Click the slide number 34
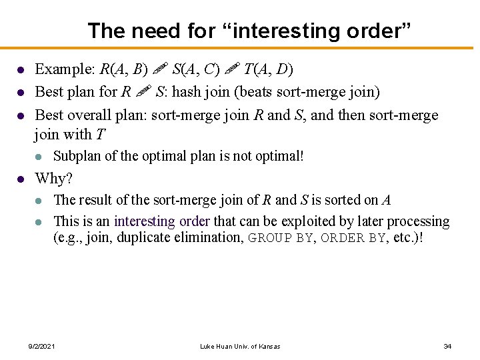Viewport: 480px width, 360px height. tap(447, 346)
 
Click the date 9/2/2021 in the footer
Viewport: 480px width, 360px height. tap(42, 347)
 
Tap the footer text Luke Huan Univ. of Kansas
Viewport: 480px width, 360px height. tap(240, 347)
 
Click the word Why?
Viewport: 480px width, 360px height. tap(53, 178)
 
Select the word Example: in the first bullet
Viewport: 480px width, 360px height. tap(64, 69)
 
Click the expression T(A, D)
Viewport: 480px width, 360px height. tap(268, 69)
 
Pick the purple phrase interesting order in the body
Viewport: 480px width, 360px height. tap(162, 221)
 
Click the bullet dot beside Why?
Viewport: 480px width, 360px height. tap(21, 179)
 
